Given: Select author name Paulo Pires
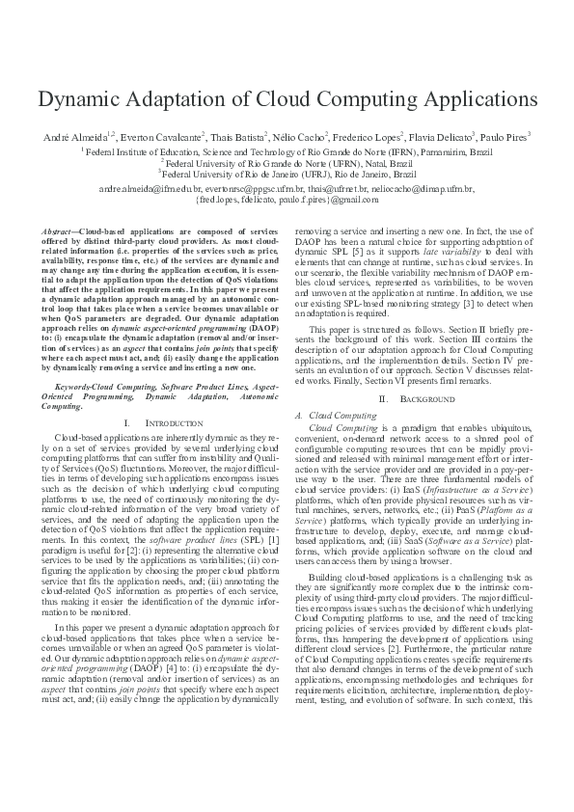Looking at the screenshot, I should point(517,138).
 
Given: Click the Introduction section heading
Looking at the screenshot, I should point(153,423).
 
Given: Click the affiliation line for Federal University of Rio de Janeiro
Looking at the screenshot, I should point(287,175).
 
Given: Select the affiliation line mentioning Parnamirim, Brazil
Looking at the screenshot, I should point(287,151).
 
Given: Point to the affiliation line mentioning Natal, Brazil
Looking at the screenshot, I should point(287,163).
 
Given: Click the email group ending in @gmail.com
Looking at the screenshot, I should point(287,200).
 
